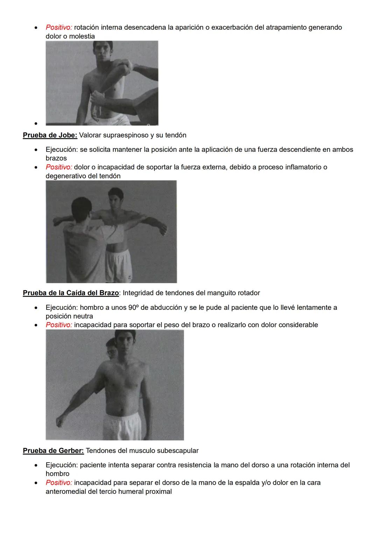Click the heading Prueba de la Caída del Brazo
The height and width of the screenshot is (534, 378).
[x=71, y=293]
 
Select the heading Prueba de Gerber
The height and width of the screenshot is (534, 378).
[x=53, y=450]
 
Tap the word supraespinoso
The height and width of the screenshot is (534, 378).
[x=126, y=135]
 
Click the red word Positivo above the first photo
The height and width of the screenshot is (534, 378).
[x=59, y=27]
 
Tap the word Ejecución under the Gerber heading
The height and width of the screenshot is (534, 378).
[x=61, y=465]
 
